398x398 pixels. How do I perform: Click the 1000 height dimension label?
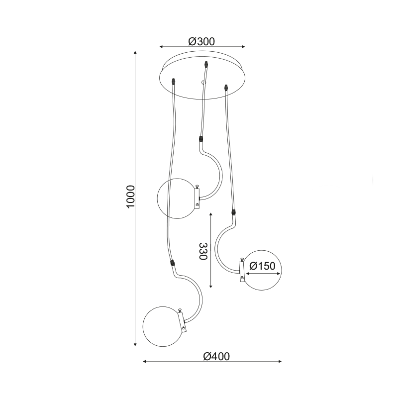tap(130, 197)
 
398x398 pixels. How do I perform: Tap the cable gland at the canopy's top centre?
tap(205, 64)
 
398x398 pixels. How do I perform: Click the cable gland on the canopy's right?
tap(227, 89)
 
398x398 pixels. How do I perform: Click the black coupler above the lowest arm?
tap(172, 262)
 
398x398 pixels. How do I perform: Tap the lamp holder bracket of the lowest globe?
tap(183, 320)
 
